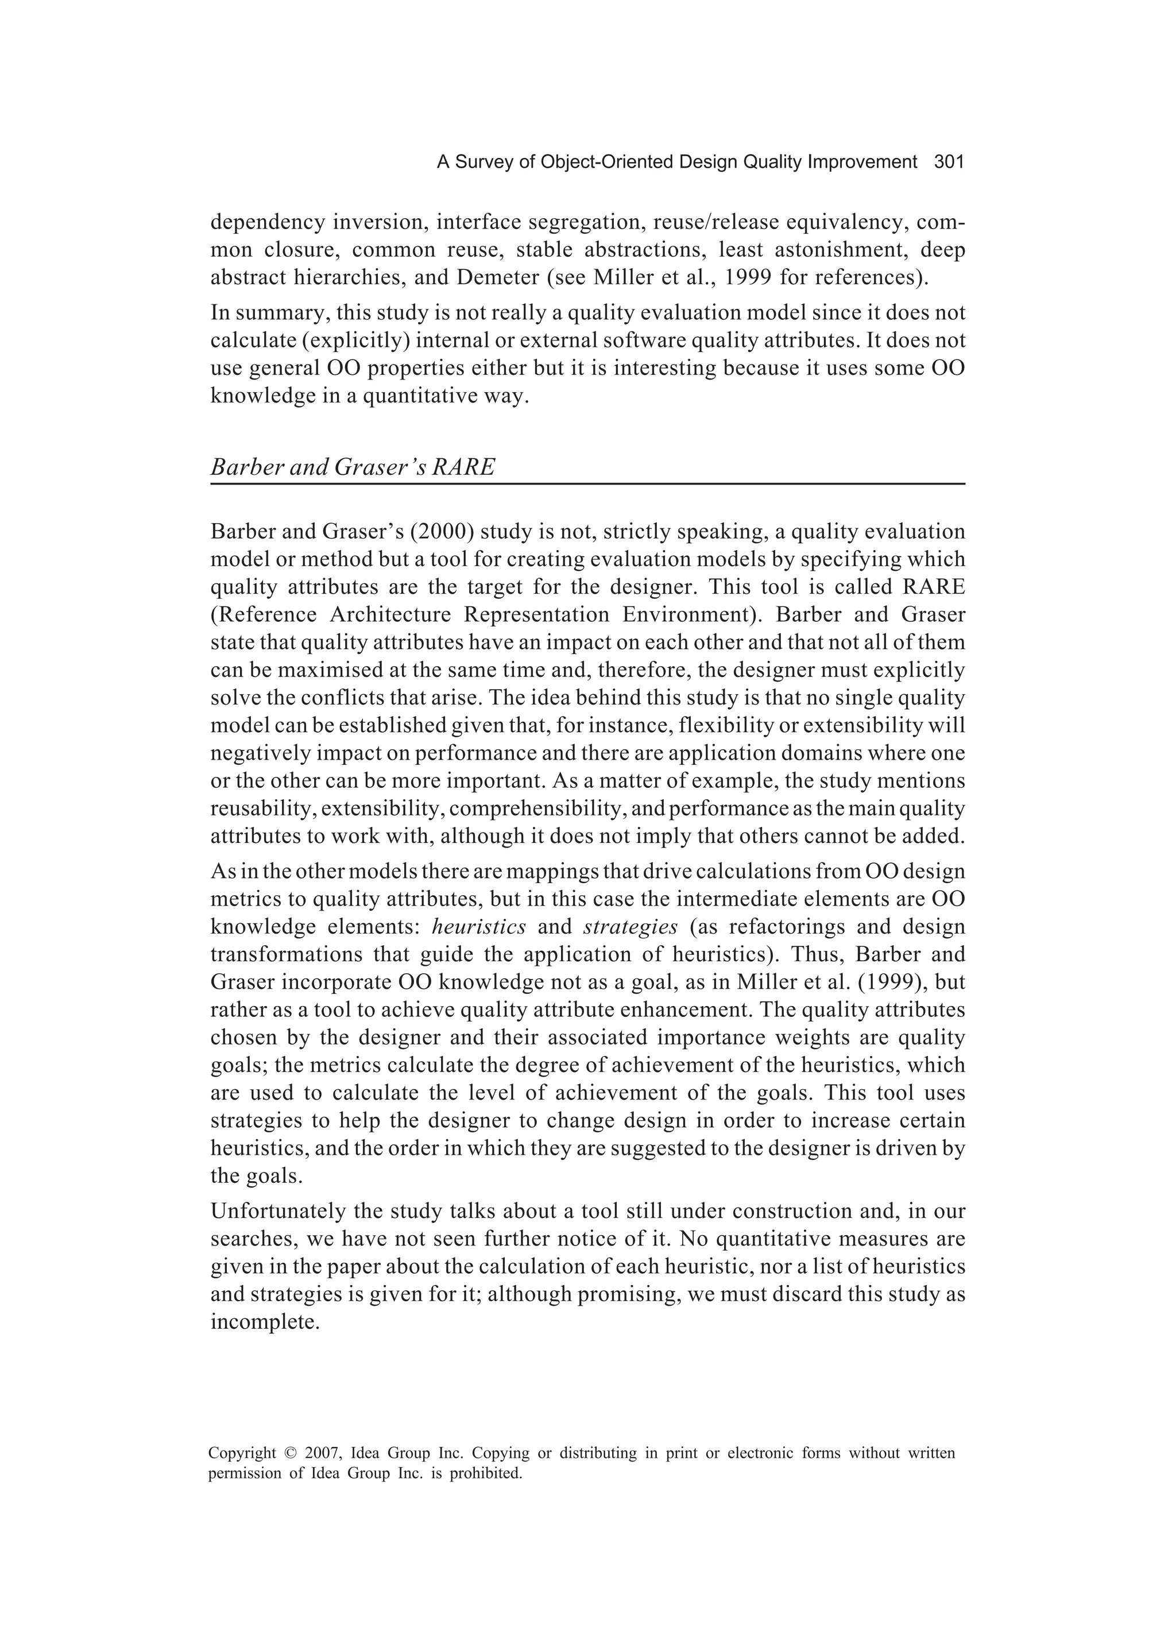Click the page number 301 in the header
[x=948, y=162]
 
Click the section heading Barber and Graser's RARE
[x=353, y=467]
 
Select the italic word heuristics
[x=479, y=927]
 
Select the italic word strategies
[x=630, y=927]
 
